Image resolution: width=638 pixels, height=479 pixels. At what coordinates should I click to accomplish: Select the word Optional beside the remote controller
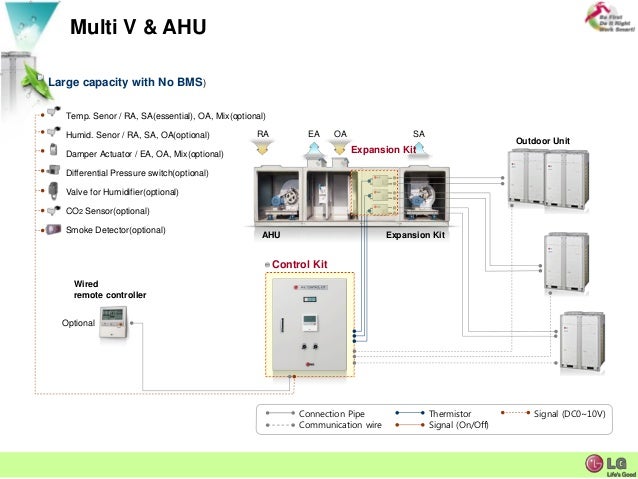click(78, 323)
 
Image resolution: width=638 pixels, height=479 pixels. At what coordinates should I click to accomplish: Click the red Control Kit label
click(300, 264)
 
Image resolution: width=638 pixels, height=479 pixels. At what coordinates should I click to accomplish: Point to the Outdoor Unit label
click(542, 141)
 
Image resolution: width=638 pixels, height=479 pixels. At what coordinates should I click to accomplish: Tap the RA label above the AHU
click(263, 133)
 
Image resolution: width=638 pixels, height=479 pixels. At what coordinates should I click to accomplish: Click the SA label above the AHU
click(418, 133)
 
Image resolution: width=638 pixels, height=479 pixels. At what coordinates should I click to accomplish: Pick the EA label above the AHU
click(314, 133)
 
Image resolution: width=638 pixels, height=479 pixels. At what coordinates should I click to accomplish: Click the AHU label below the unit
click(271, 236)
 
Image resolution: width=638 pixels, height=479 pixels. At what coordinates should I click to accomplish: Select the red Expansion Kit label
click(383, 149)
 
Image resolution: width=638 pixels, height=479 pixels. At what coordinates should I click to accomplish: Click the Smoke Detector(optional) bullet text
click(115, 230)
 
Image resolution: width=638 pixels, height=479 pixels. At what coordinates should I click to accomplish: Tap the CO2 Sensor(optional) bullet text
click(107, 211)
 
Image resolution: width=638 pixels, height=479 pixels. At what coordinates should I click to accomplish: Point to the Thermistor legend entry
click(450, 413)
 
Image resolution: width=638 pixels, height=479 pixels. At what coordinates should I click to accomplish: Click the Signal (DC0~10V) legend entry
click(569, 413)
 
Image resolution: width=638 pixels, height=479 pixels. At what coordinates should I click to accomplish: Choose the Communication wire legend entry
click(340, 425)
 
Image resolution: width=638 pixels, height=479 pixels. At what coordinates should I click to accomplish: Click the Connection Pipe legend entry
click(332, 413)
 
